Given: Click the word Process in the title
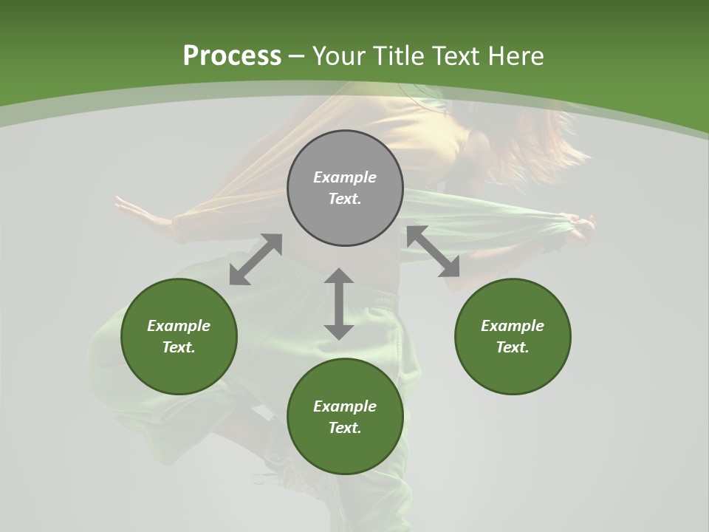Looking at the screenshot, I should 232,55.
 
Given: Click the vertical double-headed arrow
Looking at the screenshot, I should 339,304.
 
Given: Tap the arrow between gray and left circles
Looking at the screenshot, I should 256,259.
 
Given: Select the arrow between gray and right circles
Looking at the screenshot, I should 434,251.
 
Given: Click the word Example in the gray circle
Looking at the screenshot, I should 345,177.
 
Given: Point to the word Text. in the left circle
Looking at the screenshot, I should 179,347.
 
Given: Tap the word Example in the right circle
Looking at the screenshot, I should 513,326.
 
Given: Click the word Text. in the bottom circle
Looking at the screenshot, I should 345,428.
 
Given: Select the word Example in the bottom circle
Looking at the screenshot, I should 345,406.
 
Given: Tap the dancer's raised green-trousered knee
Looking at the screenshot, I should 133,347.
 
